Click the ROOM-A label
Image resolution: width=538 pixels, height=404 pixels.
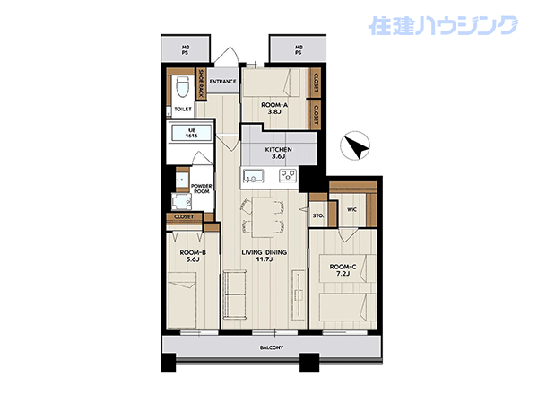click(274, 105)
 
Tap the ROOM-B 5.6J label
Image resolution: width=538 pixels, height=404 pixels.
click(193, 256)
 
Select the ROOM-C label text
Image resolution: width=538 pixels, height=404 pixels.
click(343, 267)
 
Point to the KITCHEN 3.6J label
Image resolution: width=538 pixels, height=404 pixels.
click(279, 153)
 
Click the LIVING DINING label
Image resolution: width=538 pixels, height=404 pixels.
click(265, 252)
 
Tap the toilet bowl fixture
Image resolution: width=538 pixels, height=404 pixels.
click(183, 88)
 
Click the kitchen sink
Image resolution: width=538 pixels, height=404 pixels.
click(254, 175)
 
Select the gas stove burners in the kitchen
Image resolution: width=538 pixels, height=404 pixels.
click(288, 175)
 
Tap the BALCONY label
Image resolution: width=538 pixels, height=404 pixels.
click(272, 347)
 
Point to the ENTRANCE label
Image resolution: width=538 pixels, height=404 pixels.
click(222, 82)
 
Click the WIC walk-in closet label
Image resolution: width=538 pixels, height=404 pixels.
click(351, 209)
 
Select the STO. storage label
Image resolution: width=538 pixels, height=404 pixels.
click(318, 215)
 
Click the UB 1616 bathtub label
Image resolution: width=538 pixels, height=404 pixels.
click(192, 133)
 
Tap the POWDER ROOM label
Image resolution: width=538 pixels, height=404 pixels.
click(202, 189)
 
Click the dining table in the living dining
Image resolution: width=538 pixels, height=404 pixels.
click(263, 216)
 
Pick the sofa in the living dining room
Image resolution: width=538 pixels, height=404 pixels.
click(235, 294)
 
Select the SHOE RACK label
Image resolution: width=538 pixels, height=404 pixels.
click(201, 83)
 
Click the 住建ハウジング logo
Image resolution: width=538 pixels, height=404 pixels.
click(444, 25)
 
